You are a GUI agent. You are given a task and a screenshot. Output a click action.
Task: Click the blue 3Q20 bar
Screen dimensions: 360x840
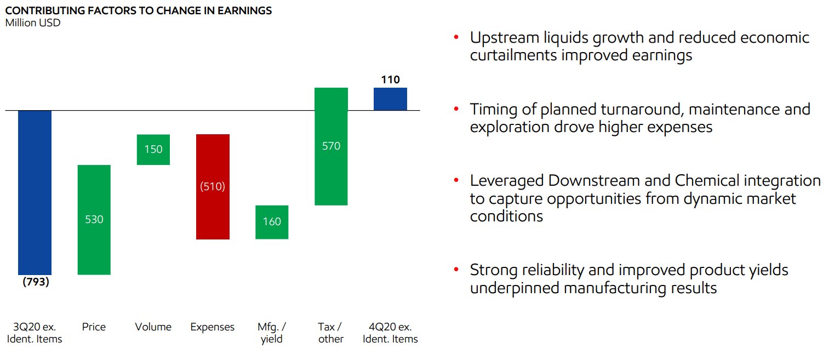coord(35,192)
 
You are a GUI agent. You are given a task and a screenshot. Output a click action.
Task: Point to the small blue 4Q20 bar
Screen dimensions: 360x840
coord(390,99)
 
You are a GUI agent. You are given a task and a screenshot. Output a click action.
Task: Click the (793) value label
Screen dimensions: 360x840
coord(36,283)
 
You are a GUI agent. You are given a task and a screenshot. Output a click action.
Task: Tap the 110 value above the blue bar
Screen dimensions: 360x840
coord(390,80)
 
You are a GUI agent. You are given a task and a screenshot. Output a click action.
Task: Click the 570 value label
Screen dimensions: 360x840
coord(331,146)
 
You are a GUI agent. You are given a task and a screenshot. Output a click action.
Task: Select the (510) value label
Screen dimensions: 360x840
coord(213,186)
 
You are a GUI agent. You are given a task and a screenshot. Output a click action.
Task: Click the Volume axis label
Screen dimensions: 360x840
coord(153,327)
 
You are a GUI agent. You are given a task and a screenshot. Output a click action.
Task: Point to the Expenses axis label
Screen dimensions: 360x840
coord(213,327)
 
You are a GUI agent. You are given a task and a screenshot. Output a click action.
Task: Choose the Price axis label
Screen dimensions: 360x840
coord(94,327)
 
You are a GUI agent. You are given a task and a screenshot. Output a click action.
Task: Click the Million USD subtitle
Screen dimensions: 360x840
coord(33,23)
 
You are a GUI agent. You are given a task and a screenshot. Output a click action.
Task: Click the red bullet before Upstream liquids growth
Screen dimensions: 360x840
coord(455,38)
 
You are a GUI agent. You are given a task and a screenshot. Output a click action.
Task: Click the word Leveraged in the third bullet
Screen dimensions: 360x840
coord(507,181)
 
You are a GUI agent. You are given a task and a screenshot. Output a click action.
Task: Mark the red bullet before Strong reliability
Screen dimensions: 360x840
coord(455,270)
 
